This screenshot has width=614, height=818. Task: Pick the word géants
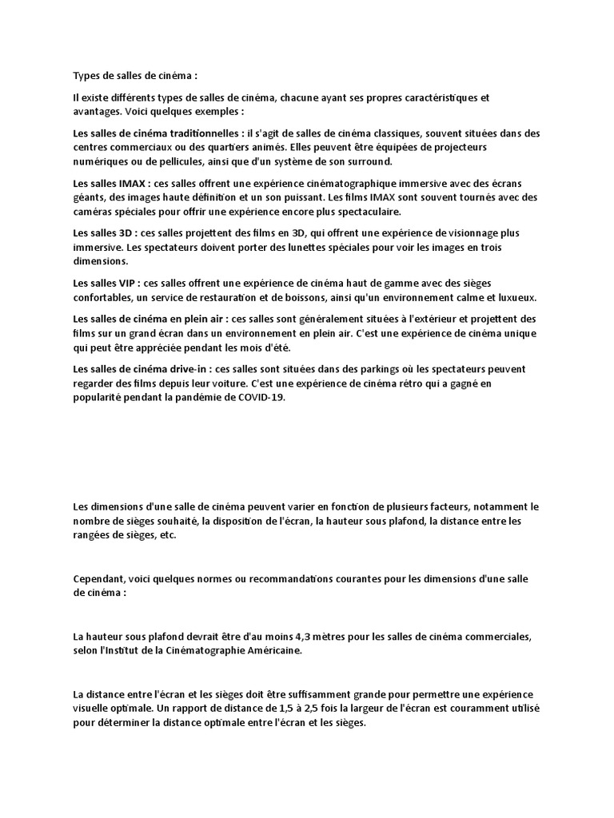click(89, 198)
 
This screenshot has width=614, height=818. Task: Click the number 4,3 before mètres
click(361, 637)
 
